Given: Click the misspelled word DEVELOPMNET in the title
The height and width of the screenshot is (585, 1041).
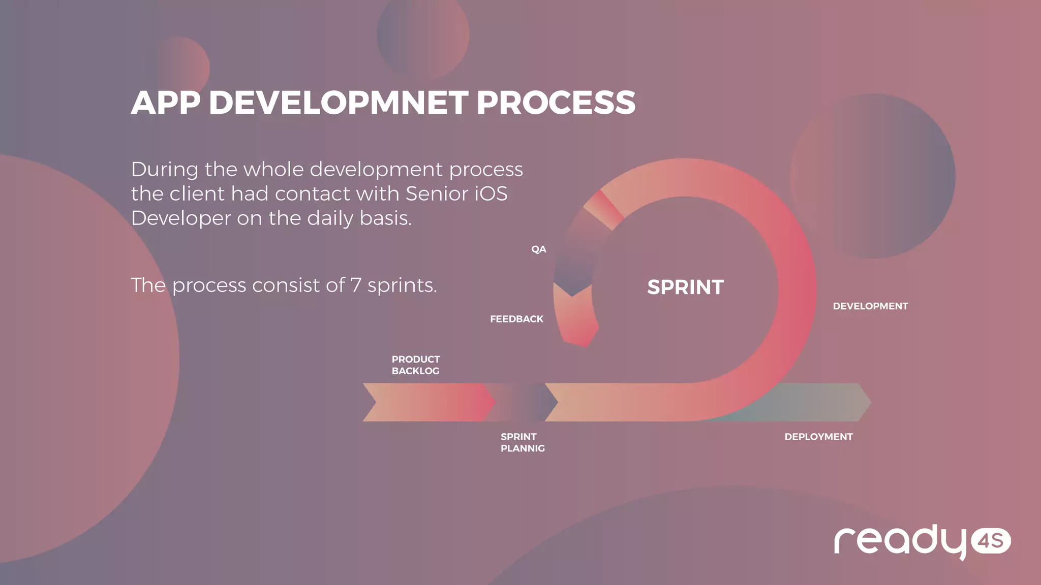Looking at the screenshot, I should (x=338, y=103).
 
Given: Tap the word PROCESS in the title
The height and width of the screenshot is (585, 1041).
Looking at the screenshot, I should (x=556, y=103).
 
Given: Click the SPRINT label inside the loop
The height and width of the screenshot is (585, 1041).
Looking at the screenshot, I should (x=685, y=287).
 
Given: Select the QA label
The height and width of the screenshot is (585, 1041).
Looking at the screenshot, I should (x=538, y=249).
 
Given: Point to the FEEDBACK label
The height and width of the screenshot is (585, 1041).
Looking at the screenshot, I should (x=516, y=319).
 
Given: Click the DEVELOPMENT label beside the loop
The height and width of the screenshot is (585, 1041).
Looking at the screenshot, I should (x=870, y=306).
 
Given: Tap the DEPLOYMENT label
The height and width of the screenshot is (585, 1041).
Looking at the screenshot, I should (x=818, y=437).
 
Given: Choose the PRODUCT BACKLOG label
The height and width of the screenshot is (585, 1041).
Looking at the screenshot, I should (x=415, y=365).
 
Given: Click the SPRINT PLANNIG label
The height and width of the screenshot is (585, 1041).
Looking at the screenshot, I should (x=522, y=442).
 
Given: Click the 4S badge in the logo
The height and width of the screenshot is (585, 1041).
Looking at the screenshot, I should (x=991, y=541).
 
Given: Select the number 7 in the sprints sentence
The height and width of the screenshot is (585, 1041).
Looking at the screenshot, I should (x=356, y=285).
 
